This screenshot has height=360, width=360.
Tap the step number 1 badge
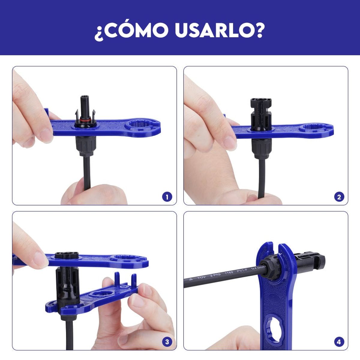167,197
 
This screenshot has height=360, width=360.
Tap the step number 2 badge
339,197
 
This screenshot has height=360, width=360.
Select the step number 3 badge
167,342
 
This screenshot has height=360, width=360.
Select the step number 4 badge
339,342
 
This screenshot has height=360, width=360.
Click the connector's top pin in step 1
85,102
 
